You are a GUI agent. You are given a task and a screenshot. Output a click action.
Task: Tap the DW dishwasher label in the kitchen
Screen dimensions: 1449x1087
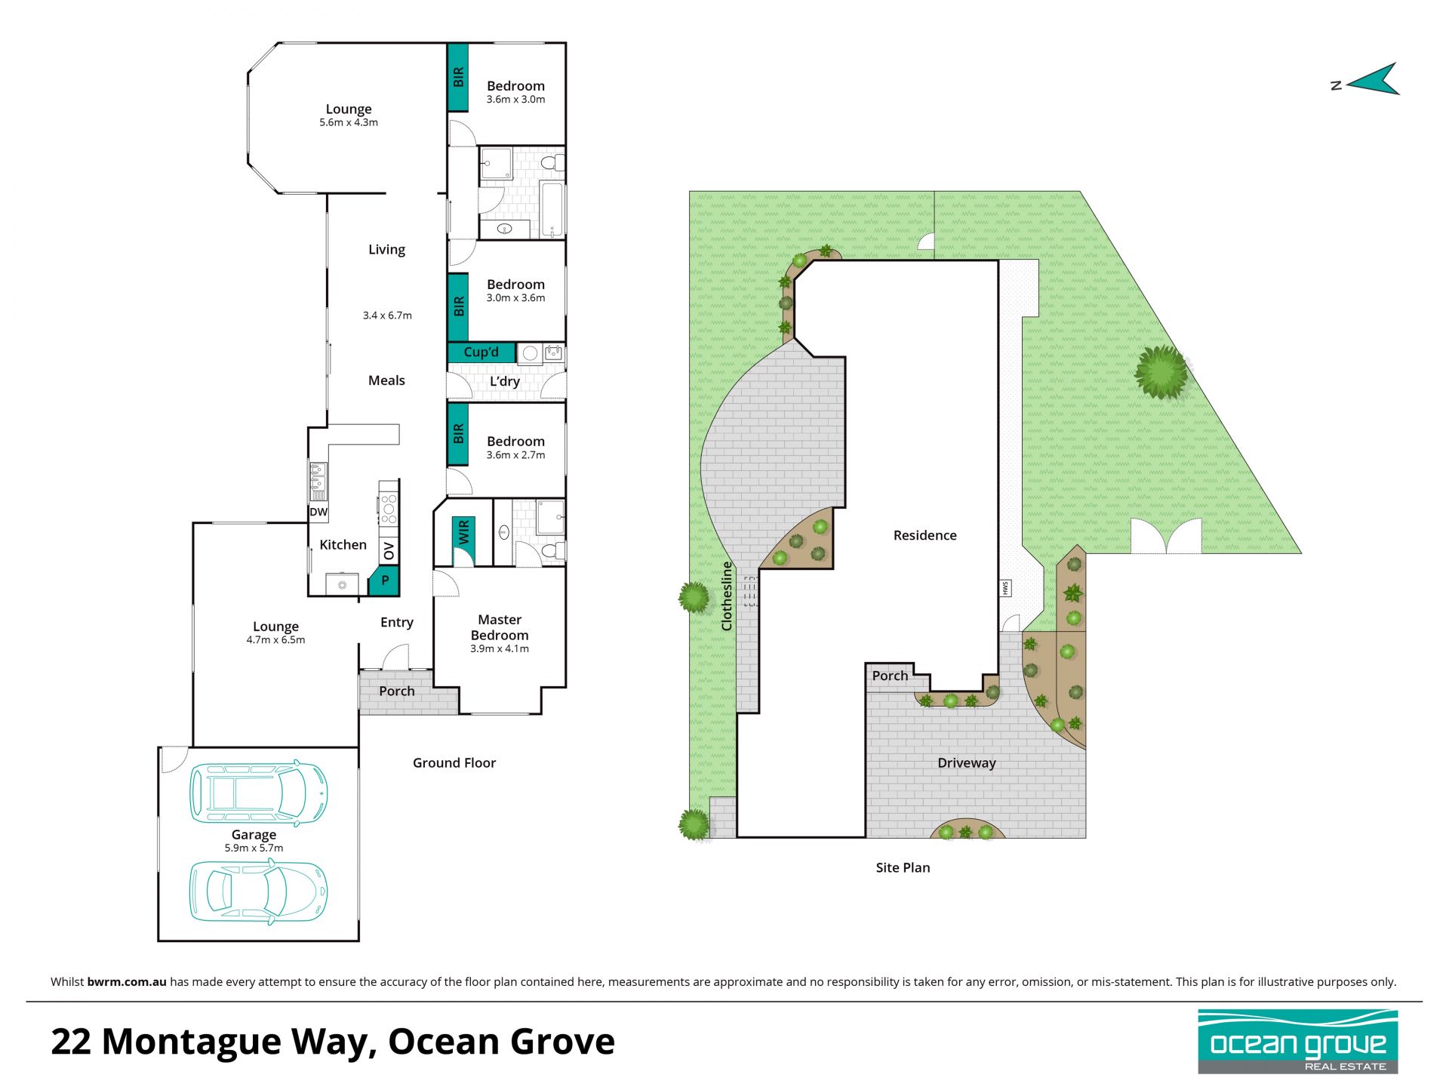pos(318,512)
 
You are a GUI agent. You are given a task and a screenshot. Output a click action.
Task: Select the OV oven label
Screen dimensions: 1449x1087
pos(389,551)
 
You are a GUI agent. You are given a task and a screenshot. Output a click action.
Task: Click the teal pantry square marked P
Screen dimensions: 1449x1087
pos(384,580)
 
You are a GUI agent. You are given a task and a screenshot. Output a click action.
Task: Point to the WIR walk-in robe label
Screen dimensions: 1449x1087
pos(463,532)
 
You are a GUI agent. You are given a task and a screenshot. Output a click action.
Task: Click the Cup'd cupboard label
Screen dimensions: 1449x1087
pos(481,352)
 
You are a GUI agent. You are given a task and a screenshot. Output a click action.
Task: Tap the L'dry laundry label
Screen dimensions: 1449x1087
pos(505,381)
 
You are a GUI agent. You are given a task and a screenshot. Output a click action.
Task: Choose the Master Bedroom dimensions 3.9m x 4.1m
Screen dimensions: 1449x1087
pos(500,648)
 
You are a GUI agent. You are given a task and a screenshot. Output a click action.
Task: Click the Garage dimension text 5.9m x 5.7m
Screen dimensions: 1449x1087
pos(254,848)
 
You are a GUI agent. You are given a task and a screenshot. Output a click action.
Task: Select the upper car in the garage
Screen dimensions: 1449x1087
pos(258,793)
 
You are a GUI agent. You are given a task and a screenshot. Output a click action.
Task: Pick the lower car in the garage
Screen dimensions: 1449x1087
pos(258,891)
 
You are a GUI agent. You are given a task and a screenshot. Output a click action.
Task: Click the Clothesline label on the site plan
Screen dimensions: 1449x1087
pos(727,596)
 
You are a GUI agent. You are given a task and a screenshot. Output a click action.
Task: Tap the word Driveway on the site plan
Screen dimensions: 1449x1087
pos(967,762)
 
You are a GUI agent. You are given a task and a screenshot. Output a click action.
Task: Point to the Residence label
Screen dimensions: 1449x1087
pos(925,535)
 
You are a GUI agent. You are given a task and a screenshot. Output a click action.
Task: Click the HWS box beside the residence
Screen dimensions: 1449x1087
pos(1005,588)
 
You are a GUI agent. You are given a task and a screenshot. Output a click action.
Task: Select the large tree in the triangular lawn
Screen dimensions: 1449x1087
pos(1161,371)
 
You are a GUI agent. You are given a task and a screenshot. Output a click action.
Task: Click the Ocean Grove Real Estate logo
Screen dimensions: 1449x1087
pos(1298,1042)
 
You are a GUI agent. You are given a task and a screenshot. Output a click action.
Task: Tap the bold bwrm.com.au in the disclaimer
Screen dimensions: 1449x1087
pos(127,981)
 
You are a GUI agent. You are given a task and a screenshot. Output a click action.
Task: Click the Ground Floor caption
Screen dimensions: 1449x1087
pos(454,762)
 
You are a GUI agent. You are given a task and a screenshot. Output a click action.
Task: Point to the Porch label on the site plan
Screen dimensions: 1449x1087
pos(891,676)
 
